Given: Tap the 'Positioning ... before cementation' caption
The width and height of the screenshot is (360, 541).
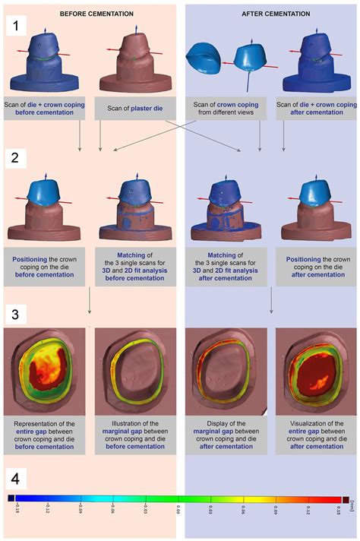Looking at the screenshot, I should point(44,268).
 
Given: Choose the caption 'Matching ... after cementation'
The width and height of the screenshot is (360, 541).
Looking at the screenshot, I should point(224,268).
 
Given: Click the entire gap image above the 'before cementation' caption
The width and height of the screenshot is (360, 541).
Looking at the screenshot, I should point(44,372).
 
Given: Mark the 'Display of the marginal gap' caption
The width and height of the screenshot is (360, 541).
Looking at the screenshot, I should point(224,435).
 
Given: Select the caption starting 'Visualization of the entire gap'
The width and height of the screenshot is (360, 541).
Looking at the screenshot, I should point(314,435).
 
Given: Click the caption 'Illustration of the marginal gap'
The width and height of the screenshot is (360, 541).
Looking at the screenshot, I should point(134,435).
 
